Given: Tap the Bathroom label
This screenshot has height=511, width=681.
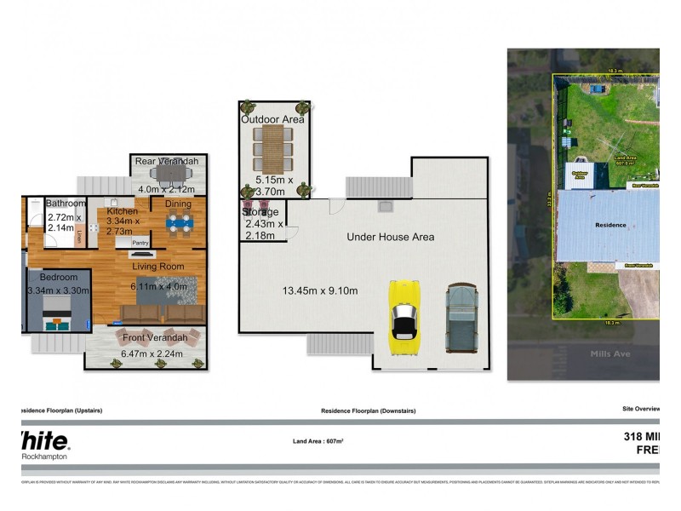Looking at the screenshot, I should coord(66,204).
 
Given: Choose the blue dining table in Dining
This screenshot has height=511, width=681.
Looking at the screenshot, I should coord(179,223).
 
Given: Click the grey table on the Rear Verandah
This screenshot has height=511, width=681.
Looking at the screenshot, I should coord(174,175).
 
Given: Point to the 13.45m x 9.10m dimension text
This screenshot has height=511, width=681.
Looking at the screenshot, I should coord(320,291).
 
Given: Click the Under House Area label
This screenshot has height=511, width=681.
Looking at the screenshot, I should coord(390,237).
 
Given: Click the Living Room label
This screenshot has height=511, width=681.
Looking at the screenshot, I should coord(157,267).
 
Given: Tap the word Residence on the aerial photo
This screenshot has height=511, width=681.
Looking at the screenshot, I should coord(609,226).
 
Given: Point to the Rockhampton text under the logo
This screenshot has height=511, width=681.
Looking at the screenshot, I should coord(45,456).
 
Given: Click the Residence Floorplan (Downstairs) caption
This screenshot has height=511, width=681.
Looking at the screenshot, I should coord(368,411).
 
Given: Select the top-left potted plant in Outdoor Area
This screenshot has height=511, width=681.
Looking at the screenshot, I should coord(248,107).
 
